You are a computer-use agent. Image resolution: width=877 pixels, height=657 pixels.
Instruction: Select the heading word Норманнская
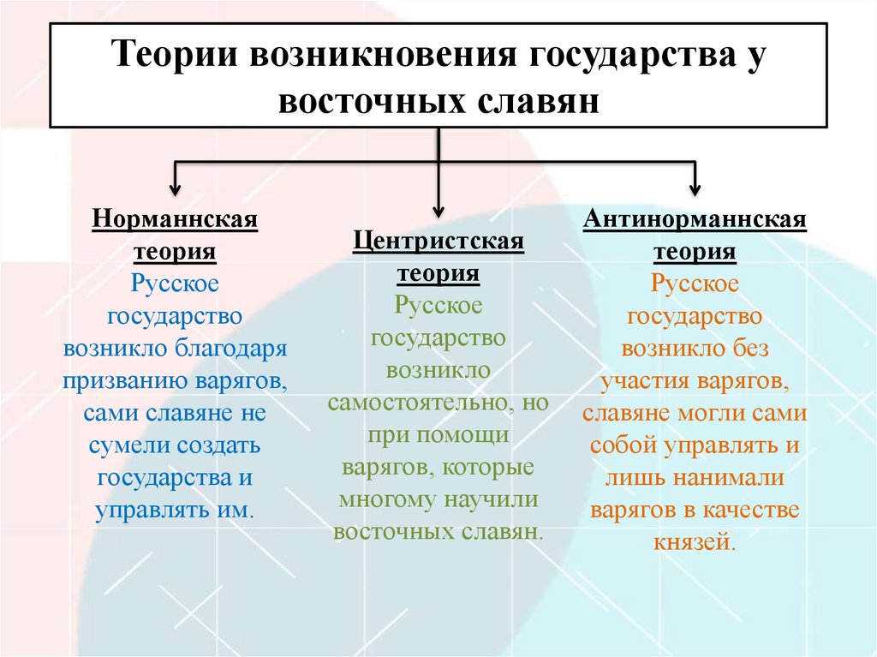pyautogui.click(x=176, y=218)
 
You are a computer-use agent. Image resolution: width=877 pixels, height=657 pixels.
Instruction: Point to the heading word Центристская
pyautogui.click(x=438, y=241)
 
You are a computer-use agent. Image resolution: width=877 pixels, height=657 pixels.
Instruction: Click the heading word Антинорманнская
pyautogui.click(x=695, y=218)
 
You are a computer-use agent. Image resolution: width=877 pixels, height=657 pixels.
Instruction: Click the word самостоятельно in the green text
pyautogui.click(x=416, y=403)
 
